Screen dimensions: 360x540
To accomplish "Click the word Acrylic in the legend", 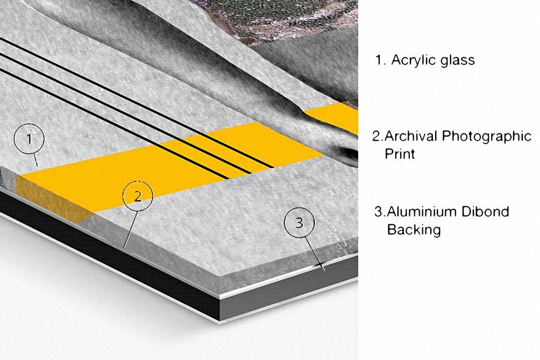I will pos(413,60).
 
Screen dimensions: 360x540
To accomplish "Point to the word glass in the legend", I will pos(457,60).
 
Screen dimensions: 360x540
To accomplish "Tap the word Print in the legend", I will pos(400,154).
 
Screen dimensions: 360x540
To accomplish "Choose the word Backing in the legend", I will pos(414,229).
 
